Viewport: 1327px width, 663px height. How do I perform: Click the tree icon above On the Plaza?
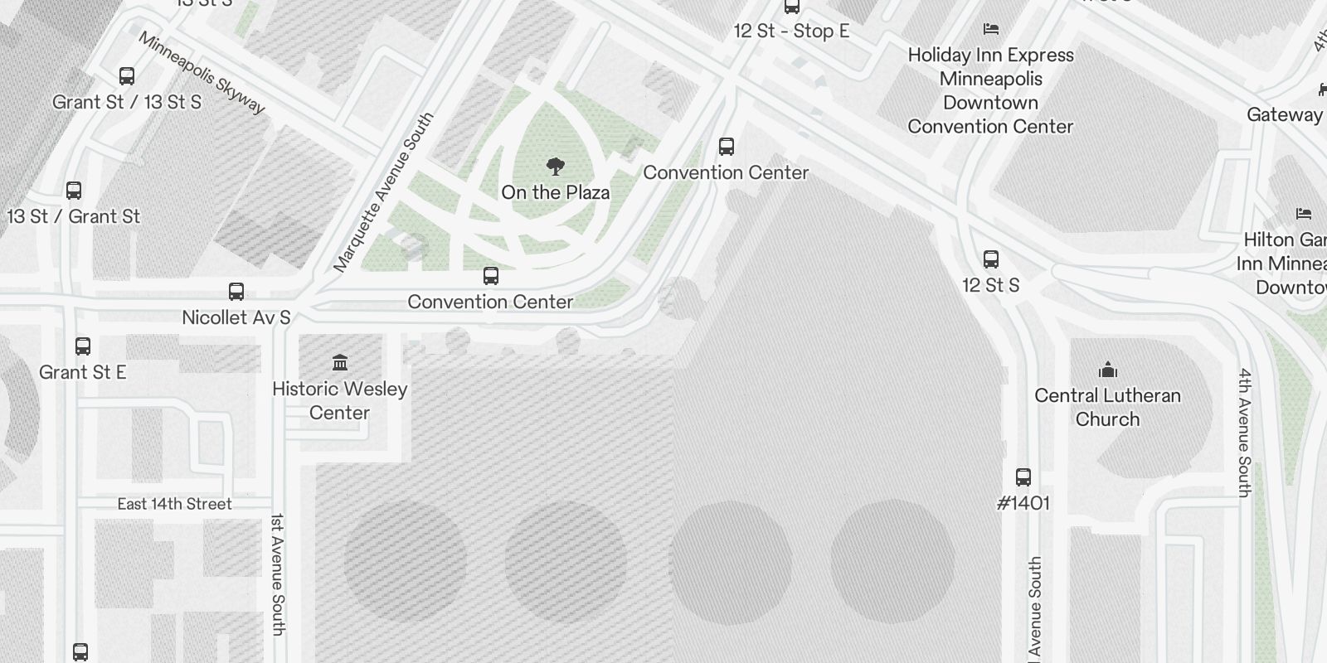(x=556, y=167)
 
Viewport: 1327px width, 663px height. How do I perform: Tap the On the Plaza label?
(x=556, y=192)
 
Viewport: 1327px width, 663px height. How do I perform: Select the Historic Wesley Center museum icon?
(x=340, y=362)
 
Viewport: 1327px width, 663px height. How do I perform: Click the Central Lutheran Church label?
(x=1107, y=407)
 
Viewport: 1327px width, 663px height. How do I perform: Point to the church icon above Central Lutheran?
(x=1108, y=370)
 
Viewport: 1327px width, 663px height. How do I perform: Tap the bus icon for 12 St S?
(x=991, y=259)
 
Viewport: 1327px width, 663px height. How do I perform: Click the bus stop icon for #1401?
(x=1023, y=477)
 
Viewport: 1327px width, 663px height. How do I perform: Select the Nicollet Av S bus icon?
(x=236, y=292)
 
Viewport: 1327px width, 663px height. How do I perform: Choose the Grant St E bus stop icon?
(x=83, y=346)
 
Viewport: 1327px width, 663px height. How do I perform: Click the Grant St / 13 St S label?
(x=127, y=102)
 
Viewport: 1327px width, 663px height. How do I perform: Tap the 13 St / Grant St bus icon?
(x=74, y=191)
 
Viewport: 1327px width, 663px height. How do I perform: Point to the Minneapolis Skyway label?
(x=202, y=73)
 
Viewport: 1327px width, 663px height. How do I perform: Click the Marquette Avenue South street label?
(x=383, y=193)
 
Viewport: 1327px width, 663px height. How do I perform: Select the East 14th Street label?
(x=174, y=504)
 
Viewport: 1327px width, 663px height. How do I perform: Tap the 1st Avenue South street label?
(x=278, y=574)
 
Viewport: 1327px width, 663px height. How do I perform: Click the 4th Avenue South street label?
(x=1244, y=433)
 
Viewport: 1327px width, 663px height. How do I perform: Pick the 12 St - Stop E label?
(x=791, y=31)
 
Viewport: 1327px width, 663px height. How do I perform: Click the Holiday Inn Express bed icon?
(x=990, y=29)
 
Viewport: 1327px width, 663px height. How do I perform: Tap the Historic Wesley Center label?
(x=340, y=400)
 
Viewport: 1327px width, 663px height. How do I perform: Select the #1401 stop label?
(x=1023, y=503)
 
